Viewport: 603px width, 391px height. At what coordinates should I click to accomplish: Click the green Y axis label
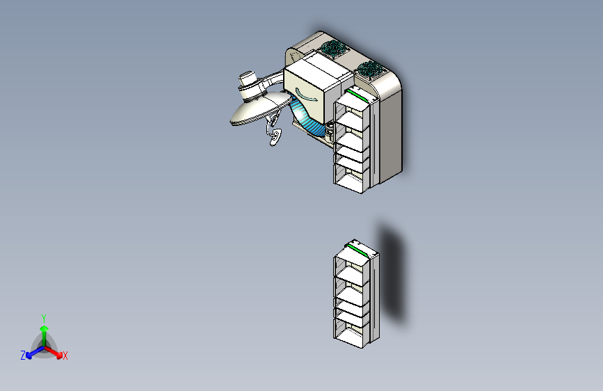43,317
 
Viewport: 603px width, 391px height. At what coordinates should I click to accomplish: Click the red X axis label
65,356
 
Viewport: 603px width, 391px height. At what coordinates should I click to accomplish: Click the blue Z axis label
23,356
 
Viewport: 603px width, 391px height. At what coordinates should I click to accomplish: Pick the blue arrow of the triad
32,352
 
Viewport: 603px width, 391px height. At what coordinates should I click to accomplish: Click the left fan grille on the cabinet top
334,49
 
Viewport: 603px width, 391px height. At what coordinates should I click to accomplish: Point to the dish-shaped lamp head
258,109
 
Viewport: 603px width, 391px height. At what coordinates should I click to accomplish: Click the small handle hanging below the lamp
276,136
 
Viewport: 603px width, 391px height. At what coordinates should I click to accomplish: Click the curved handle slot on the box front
305,95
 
